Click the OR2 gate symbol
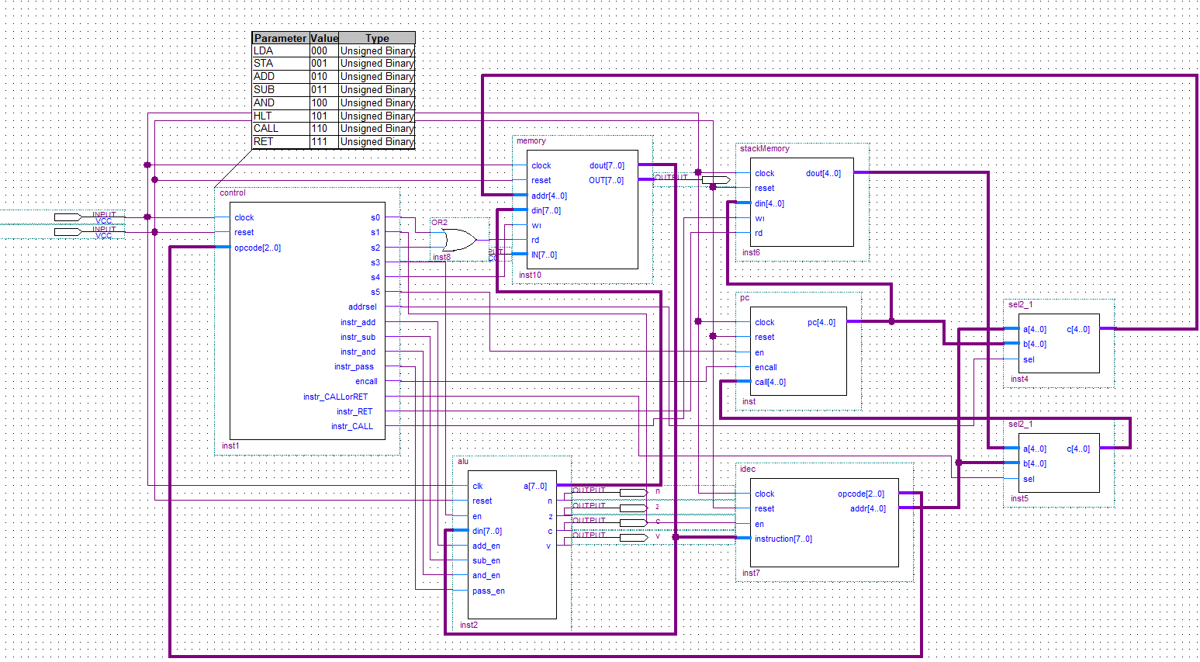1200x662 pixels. pos(458,241)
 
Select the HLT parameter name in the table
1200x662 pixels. pos(263,116)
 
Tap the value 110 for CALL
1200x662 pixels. pos(319,129)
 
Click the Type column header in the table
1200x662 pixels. pos(377,38)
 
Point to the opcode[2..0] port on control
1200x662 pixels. pos(258,248)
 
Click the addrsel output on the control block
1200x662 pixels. pos(362,307)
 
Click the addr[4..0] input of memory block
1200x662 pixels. pos(548,196)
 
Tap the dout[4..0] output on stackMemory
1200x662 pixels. pos(823,174)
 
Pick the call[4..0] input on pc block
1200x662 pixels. pos(769,383)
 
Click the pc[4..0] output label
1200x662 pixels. pos(821,323)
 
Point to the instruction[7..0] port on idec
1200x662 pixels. pos(783,539)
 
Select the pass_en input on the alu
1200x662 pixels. pos(488,591)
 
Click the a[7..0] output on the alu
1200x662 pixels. pos(535,487)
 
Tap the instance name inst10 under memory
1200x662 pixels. pos(530,276)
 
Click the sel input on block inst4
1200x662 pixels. pos(1029,360)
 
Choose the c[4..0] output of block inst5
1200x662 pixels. pos(1078,449)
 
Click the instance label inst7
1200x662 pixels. pos(751,574)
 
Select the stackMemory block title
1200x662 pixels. pos(764,148)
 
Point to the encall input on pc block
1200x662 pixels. pos(766,368)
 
